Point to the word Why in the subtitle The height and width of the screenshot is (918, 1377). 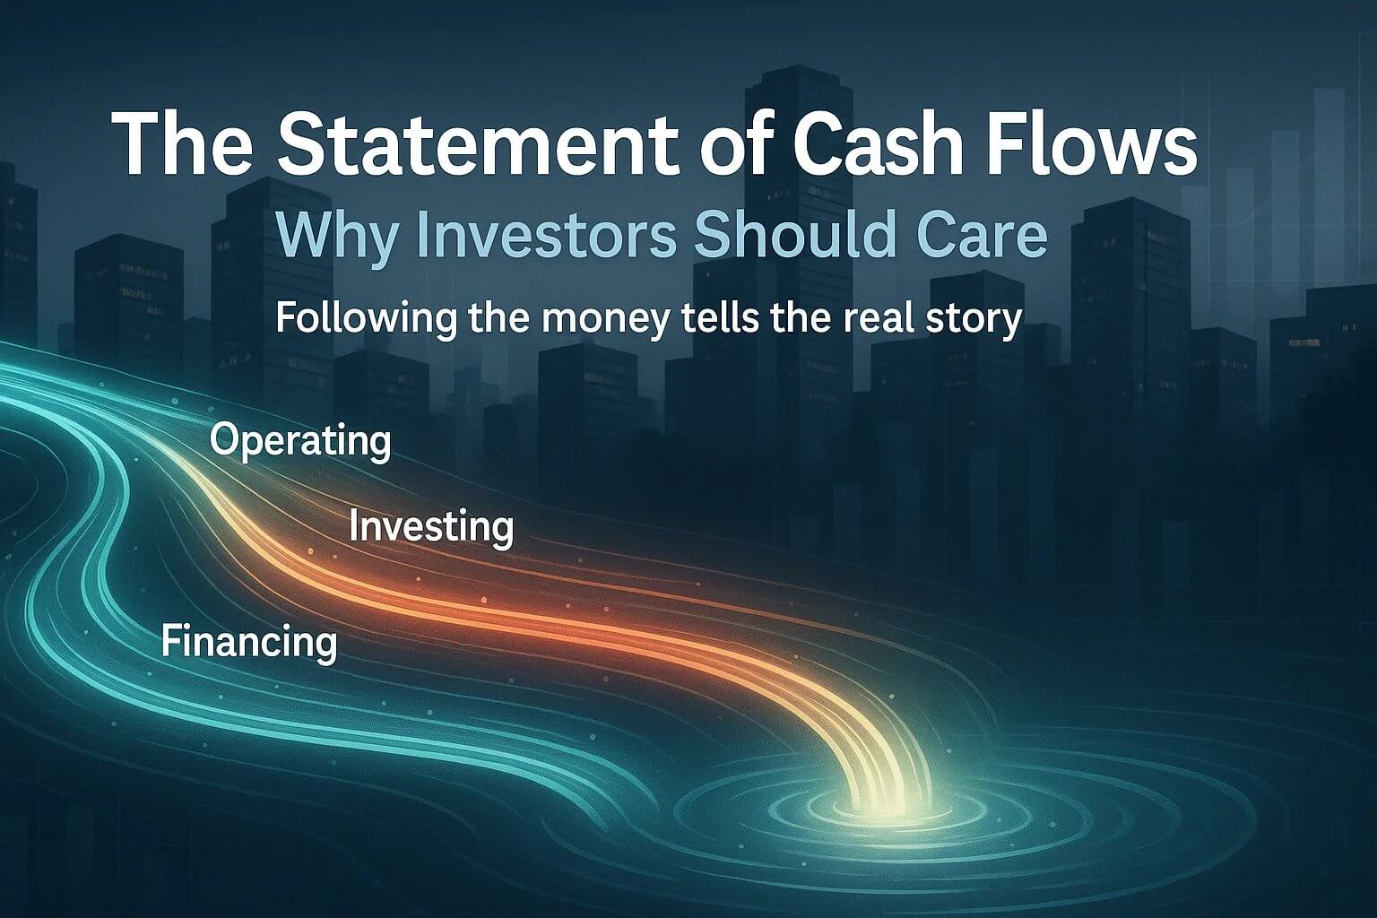[326, 235]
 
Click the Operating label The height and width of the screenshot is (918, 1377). [300, 441]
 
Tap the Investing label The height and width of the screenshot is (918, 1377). [431, 526]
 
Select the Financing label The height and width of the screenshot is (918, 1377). [250, 643]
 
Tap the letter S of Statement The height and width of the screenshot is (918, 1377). [299, 143]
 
